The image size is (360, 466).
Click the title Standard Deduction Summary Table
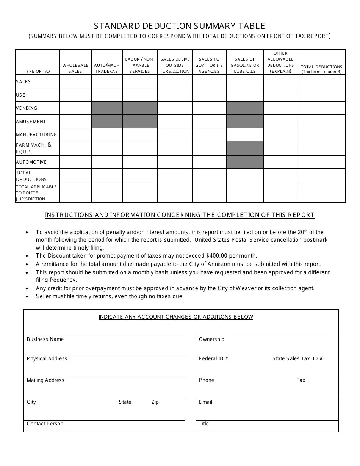point(180,26)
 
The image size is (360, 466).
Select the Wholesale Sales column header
point(75,68)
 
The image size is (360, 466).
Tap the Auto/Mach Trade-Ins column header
point(107,68)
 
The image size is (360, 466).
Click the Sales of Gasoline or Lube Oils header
point(245,65)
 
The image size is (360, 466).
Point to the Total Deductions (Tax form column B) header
point(321,69)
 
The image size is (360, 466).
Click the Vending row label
point(27,108)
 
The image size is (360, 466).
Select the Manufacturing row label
point(36,135)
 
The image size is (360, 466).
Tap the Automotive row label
point(31,162)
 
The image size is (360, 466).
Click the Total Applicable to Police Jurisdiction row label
point(36,193)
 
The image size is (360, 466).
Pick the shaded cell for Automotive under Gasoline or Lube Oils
point(245,162)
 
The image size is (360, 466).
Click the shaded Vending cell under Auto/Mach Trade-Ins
point(107,108)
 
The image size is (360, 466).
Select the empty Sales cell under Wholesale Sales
point(75,82)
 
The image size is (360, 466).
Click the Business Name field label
point(45,339)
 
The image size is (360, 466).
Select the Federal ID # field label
point(213,359)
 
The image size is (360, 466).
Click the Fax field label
point(301,380)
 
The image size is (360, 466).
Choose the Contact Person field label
point(45,424)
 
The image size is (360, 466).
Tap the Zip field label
point(155,402)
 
